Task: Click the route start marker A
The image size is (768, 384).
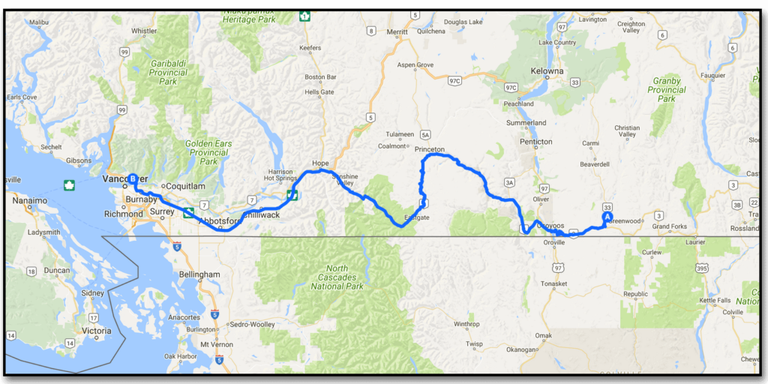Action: tap(607, 217)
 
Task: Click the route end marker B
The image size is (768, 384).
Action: tap(133, 179)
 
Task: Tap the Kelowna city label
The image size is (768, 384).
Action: tap(548, 71)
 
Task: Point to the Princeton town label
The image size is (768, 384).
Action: tap(429, 149)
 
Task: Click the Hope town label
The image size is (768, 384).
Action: tap(321, 163)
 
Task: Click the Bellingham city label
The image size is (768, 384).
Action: tap(199, 274)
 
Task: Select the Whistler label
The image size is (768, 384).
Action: tap(144, 31)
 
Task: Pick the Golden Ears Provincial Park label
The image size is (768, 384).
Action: tap(209, 152)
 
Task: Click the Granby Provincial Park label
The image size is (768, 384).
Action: tap(667, 89)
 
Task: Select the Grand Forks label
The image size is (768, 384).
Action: tap(670, 226)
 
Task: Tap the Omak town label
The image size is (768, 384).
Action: tap(543, 335)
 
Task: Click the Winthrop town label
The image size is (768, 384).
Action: tap(466, 324)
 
